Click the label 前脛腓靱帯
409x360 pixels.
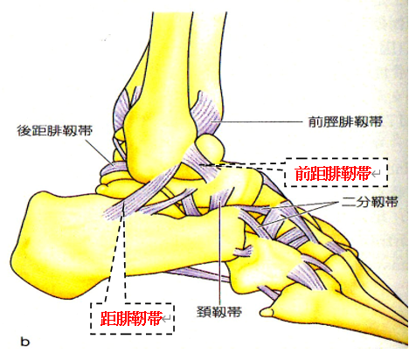[345, 121]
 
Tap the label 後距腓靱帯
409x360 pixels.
[55, 131]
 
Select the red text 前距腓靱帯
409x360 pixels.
[333, 174]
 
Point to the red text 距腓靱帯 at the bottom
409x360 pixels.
[131, 319]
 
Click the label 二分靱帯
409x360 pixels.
[370, 202]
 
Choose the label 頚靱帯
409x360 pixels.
[219, 312]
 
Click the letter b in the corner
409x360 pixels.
[25, 341]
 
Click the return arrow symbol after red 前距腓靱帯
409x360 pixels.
[376, 174]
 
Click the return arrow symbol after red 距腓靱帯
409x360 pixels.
[166, 320]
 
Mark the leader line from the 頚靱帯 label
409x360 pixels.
[220, 253]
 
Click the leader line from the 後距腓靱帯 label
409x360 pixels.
[98, 151]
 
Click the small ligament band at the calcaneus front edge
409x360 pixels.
[242, 251]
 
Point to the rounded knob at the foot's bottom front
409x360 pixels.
[266, 312]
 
